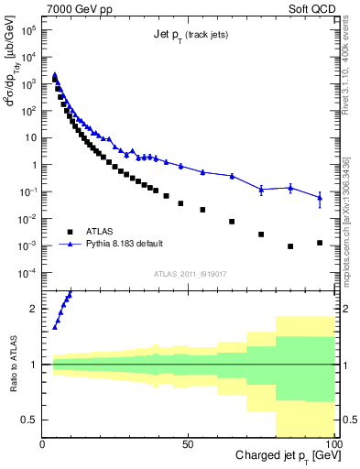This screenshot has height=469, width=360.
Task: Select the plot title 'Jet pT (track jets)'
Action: (x=190, y=35)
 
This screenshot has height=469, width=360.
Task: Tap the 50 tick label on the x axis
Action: (x=188, y=443)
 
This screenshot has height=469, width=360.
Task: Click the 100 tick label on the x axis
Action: (x=332, y=443)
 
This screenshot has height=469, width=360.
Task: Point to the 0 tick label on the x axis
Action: (x=43, y=443)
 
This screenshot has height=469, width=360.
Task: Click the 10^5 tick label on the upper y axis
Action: (x=28, y=30)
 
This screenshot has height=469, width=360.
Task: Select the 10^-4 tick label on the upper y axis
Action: (x=28, y=273)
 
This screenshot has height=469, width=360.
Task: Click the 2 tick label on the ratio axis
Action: (x=34, y=309)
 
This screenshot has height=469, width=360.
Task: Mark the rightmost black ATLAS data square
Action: (x=319, y=243)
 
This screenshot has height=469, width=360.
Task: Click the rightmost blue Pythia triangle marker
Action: (x=319, y=197)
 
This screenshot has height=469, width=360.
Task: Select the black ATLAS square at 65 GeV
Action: (x=232, y=222)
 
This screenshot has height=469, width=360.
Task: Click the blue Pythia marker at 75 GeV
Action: (x=261, y=190)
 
